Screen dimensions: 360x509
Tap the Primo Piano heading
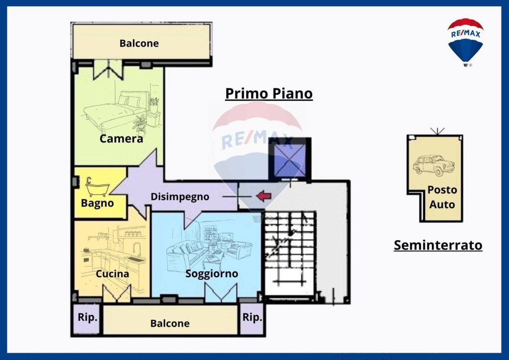click(x=269, y=93)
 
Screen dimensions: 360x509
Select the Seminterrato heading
click(x=438, y=245)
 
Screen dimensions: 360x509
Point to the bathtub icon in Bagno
click(x=97, y=186)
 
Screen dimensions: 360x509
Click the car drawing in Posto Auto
click(x=433, y=166)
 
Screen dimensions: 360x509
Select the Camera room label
click(x=121, y=139)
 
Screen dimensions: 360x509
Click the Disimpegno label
click(x=179, y=197)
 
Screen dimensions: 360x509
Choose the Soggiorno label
click(x=212, y=274)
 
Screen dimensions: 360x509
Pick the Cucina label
click(x=112, y=274)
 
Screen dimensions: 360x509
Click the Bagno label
click(x=97, y=203)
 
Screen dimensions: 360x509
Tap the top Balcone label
click(x=139, y=43)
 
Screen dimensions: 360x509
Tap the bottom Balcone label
click(x=170, y=323)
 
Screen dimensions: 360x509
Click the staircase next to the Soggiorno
click(x=290, y=252)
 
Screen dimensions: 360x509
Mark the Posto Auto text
click(x=442, y=197)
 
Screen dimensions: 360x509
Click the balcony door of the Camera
click(x=108, y=70)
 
